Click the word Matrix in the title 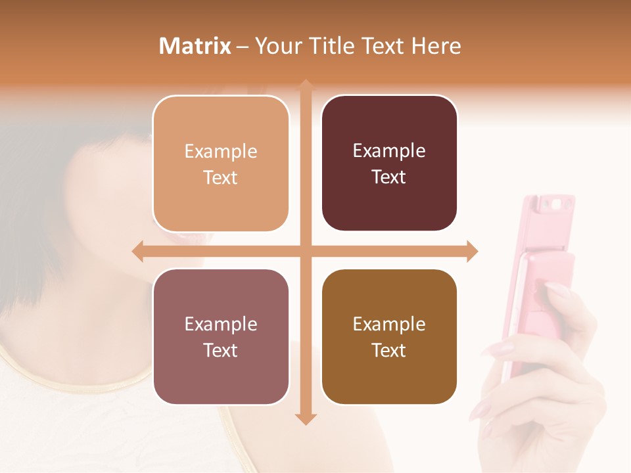click(x=195, y=46)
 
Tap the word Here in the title click(x=436, y=46)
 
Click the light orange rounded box click(x=221, y=164)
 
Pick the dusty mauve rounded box click(x=221, y=336)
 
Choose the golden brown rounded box click(x=389, y=336)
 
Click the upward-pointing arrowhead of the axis click(x=306, y=86)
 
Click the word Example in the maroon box click(x=389, y=150)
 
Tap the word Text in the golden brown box click(x=389, y=350)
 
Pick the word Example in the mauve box click(x=221, y=324)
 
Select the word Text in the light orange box click(x=221, y=177)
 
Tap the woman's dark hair click(x=39, y=197)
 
